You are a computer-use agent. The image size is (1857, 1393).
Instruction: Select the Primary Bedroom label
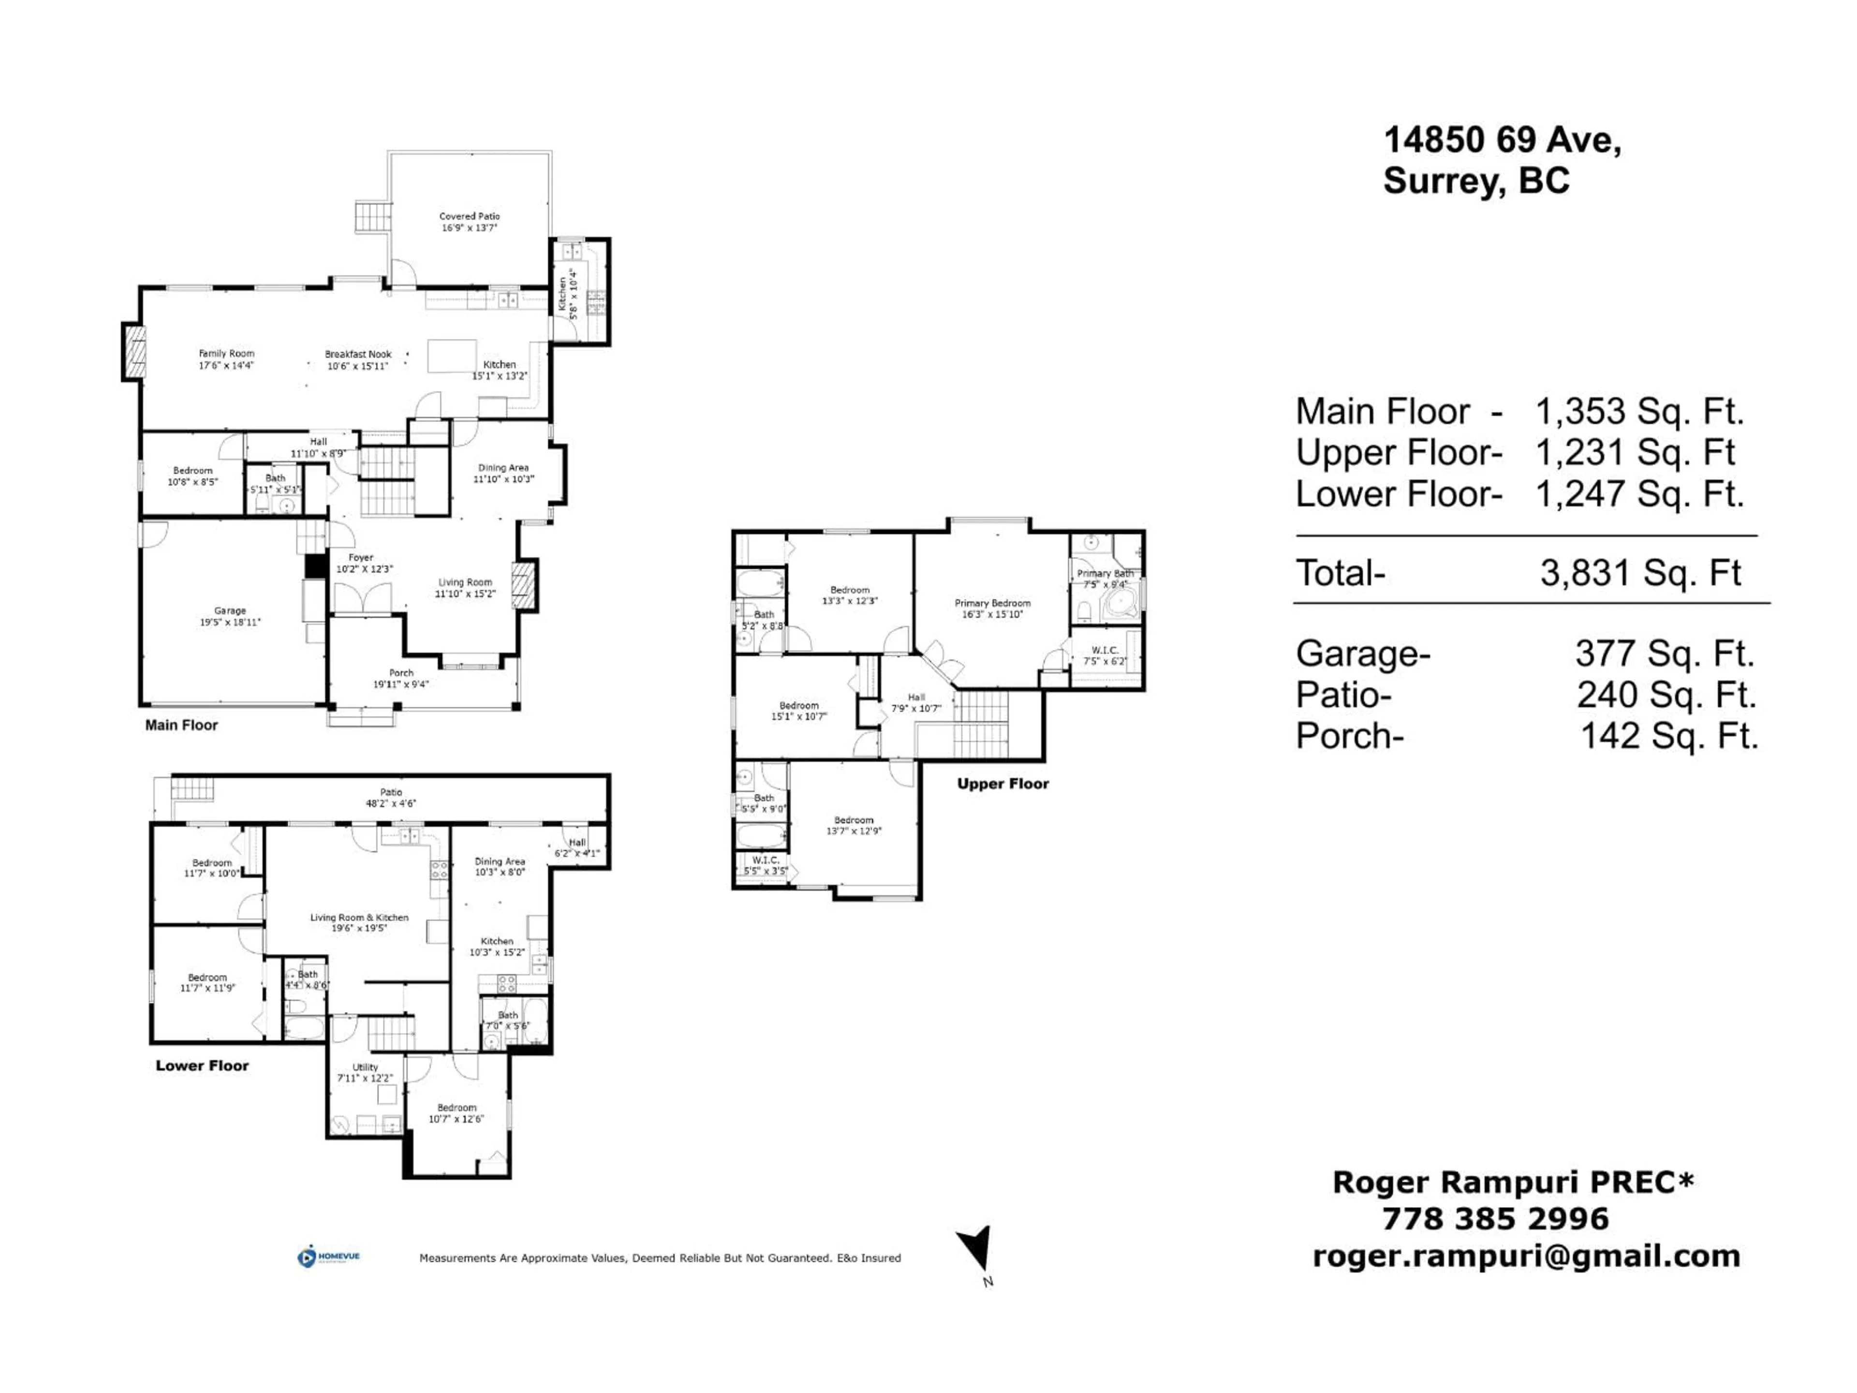coord(992,603)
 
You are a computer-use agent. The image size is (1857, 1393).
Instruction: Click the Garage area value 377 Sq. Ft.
coord(1665,653)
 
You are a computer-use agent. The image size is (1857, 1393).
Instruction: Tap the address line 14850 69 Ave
coord(1502,139)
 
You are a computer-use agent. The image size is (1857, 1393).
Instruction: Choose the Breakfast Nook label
coord(358,355)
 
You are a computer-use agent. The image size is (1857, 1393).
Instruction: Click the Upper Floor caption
coord(1002,784)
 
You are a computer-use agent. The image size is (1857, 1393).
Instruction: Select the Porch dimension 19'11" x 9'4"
coord(401,684)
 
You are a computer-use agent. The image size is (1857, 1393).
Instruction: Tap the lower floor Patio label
coord(391,792)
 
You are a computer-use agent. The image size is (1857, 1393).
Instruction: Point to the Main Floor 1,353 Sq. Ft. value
coord(1639,412)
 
